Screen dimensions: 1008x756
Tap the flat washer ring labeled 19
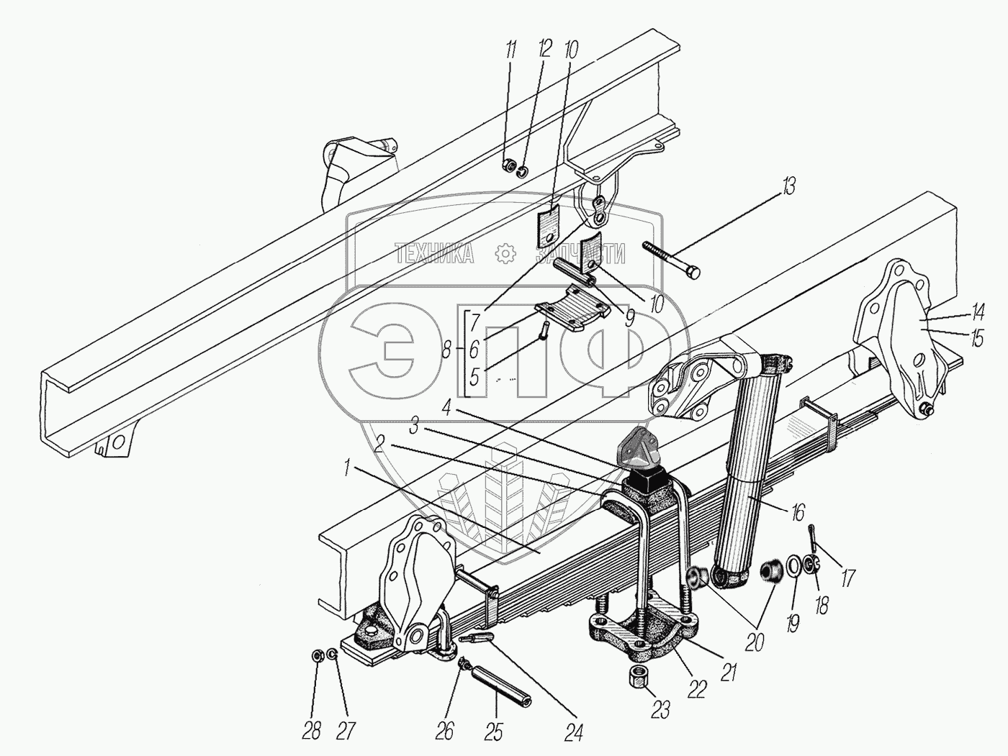click(792, 565)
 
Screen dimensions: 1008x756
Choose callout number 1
click(348, 468)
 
